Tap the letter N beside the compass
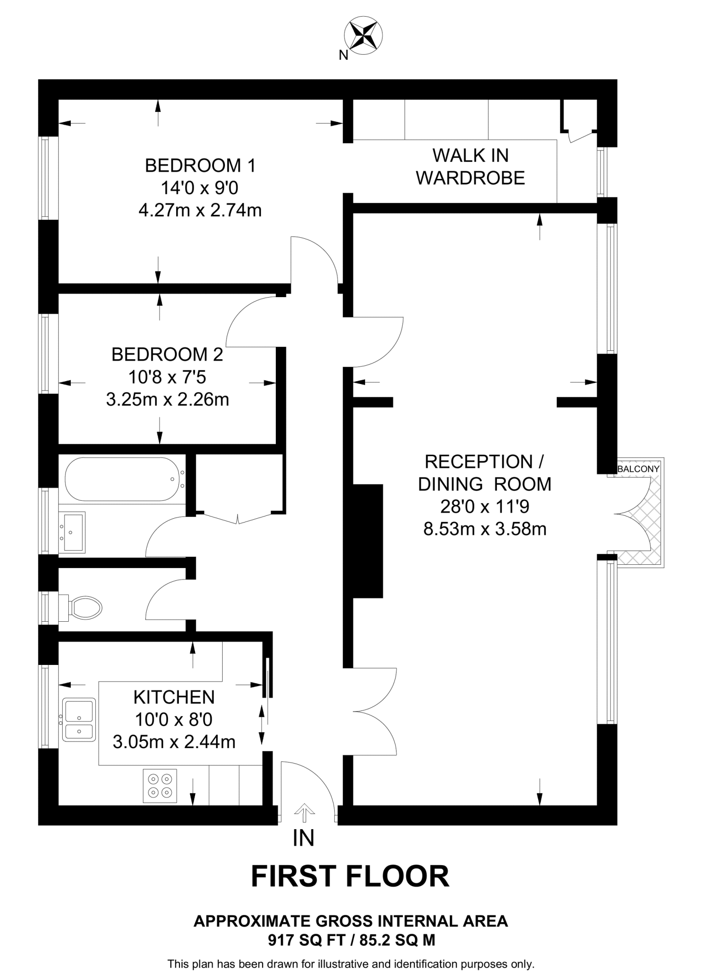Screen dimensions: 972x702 343,56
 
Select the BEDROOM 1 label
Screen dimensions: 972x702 200,166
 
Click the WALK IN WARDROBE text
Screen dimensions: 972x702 470,167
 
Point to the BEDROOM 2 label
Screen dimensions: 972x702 167,355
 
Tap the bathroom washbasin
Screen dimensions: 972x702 73,532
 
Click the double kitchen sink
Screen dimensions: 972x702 79,720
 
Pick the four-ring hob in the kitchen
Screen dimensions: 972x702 160,786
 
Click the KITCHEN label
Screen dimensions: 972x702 174,697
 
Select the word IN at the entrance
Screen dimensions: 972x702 303,839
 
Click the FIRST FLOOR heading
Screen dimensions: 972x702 350,876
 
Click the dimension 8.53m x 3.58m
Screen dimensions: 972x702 485,529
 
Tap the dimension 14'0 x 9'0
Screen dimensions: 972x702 199,188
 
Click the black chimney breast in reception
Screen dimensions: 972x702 368,541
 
